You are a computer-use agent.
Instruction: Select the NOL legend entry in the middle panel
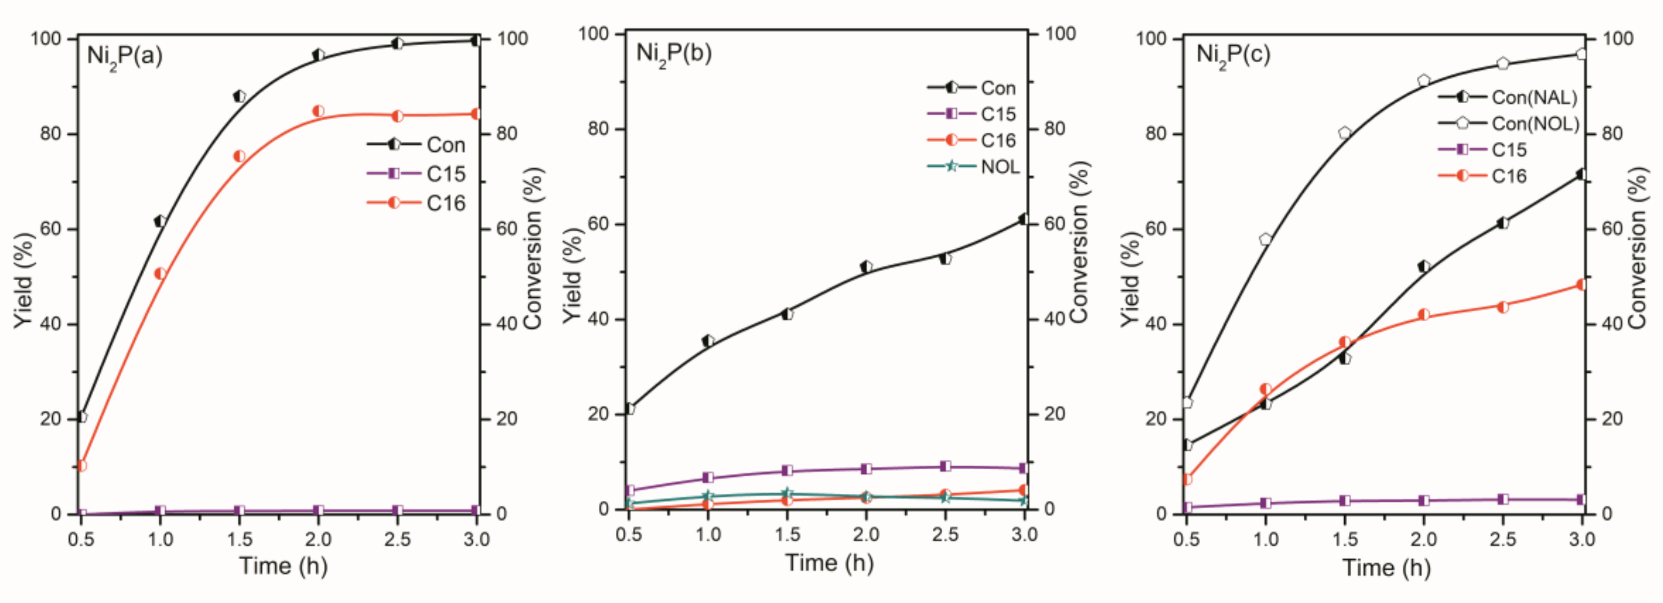point(999,167)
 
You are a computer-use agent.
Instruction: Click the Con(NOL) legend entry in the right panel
point(1534,123)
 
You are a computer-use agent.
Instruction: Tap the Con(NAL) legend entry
point(1533,98)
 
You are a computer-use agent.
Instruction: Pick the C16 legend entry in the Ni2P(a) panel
point(445,204)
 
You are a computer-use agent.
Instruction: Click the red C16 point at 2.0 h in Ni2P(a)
point(318,111)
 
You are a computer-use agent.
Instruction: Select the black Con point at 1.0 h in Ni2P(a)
point(160,221)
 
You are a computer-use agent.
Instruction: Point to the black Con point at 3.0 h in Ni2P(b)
point(1023,220)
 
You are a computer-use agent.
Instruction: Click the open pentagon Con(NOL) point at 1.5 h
point(1345,133)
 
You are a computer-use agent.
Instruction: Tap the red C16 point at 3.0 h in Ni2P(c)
point(1581,285)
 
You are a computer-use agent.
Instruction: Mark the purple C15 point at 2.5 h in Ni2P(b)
point(945,466)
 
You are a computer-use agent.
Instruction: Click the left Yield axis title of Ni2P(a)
point(23,281)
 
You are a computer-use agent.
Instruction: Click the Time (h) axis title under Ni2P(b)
point(829,563)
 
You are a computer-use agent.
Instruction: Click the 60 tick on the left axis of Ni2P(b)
point(598,224)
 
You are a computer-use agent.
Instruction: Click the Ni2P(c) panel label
point(1233,54)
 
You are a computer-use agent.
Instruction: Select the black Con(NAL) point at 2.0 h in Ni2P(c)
point(1424,266)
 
